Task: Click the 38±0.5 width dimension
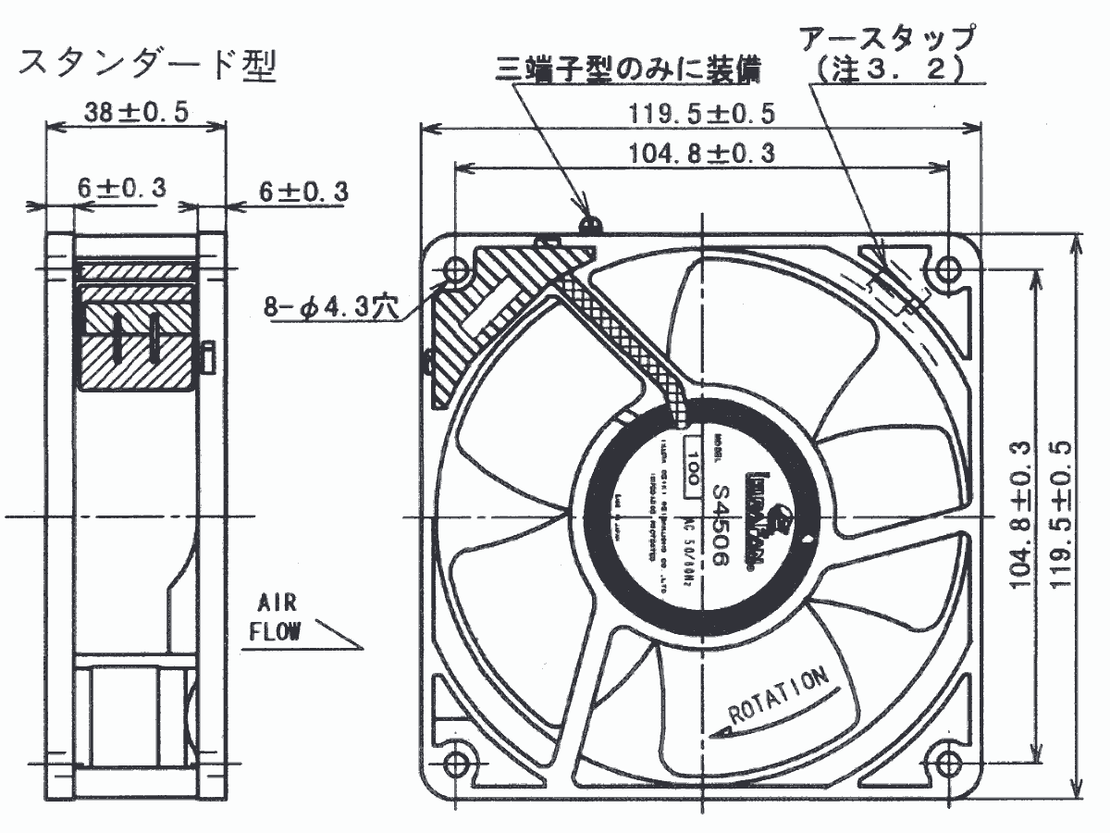(x=136, y=112)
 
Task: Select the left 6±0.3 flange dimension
(x=121, y=188)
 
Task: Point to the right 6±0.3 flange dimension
(x=303, y=192)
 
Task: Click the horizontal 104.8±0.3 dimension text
(x=702, y=153)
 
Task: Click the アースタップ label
(x=887, y=39)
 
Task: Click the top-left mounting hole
(x=455, y=269)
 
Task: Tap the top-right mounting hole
(x=946, y=269)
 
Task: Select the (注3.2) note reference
(x=887, y=69)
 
